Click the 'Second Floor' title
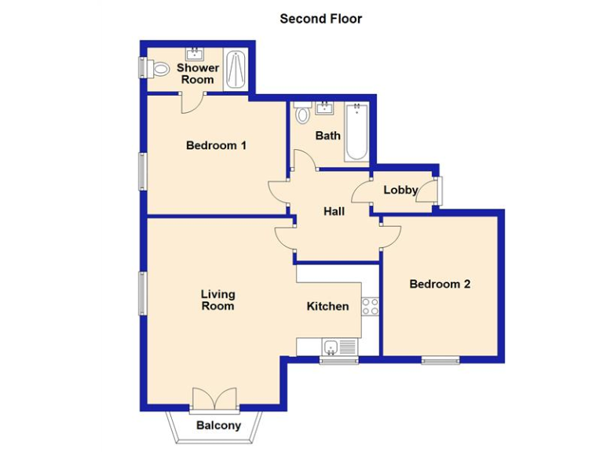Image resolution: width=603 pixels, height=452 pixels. coord(320,19)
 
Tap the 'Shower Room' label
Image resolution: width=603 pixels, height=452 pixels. coord(198,74)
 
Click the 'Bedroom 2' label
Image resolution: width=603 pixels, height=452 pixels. coord(440,284)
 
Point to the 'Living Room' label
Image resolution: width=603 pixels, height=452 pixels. coord(217,300)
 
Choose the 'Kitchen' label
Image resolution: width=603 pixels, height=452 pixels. coord(327,306)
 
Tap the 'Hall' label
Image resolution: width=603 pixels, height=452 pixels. coord(334,211)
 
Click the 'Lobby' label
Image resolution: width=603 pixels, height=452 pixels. coord(400,190)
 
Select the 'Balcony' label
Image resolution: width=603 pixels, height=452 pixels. coord(218,425)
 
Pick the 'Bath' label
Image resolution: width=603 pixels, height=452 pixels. coord(328,136)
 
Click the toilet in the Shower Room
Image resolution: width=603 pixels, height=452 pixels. coord(159,69)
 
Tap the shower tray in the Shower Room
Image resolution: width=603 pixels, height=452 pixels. coord(236,69)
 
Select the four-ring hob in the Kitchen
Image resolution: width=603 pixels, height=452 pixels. coord(371,307)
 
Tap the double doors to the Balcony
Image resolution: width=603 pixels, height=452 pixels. coord(214,400)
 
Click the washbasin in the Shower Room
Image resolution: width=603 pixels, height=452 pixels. coord(193,54)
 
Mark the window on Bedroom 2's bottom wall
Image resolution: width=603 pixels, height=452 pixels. coord(440,360)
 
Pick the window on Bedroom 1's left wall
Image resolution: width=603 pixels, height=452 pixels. coord(143,170)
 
